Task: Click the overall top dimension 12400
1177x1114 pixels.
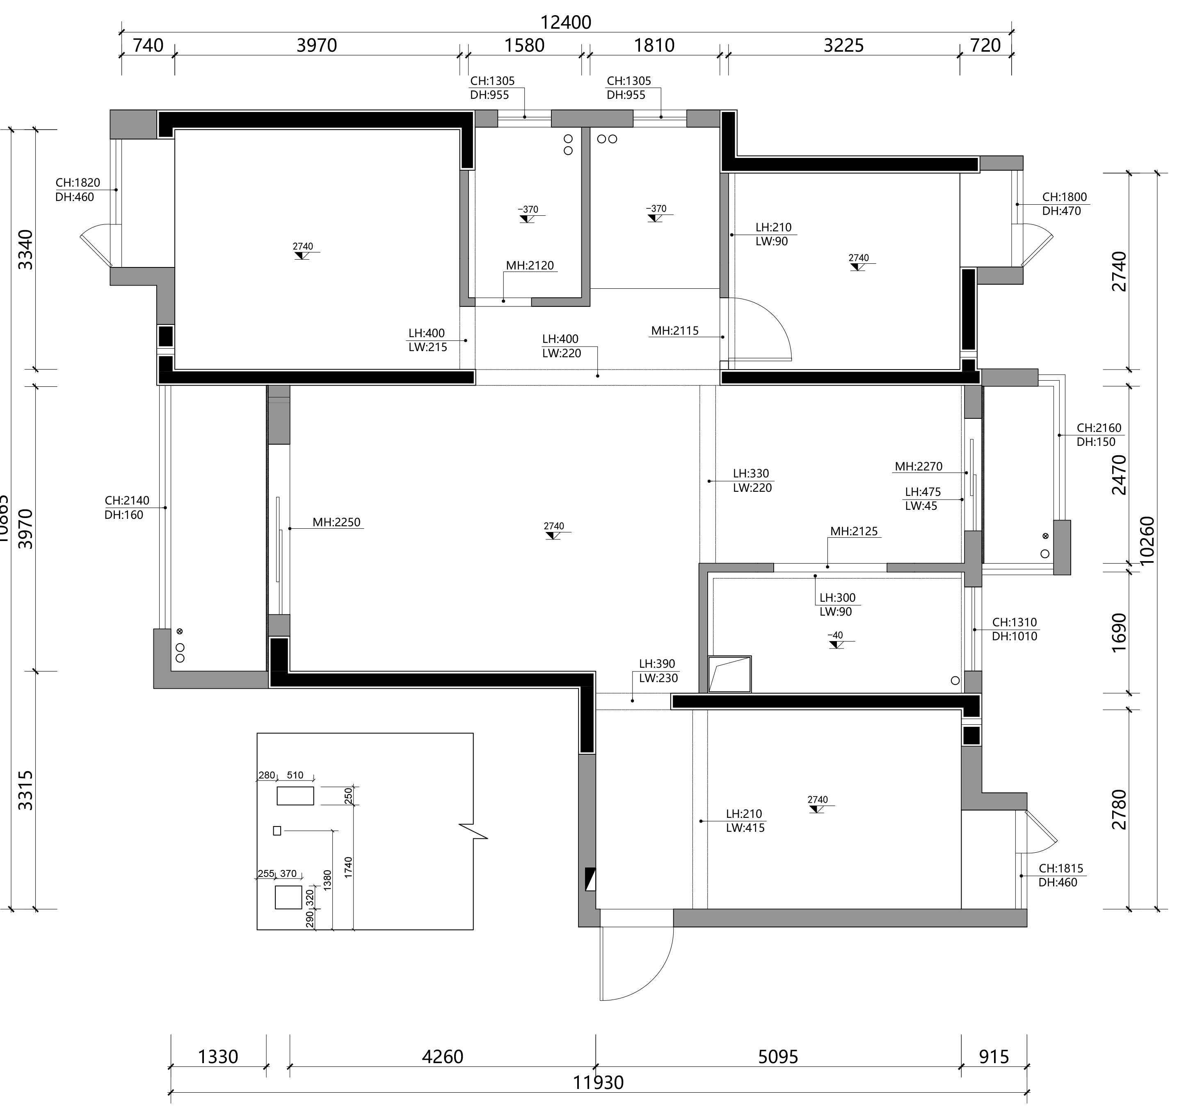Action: click(565, 22)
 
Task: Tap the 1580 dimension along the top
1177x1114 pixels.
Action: click(524, 45)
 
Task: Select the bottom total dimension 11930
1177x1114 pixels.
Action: click(598, 1082)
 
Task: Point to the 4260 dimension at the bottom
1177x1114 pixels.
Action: click(442, 1057)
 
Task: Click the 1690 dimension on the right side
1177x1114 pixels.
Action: click(1119, 632)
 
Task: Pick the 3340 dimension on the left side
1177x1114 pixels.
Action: click(25, 249)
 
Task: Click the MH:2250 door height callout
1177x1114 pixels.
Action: click(337, 523)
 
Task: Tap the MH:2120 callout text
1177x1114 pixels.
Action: click(530, 265)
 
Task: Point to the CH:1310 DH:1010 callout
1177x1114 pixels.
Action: click(1014, 630)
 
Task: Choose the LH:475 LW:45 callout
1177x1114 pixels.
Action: click(922, 499)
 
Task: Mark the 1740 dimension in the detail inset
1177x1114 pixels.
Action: click(348, 867)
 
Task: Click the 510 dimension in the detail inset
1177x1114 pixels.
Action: click(295, 775)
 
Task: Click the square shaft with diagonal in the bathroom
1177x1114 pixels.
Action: click(730, 674)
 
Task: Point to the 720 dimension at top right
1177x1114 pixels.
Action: click(986, 45)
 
